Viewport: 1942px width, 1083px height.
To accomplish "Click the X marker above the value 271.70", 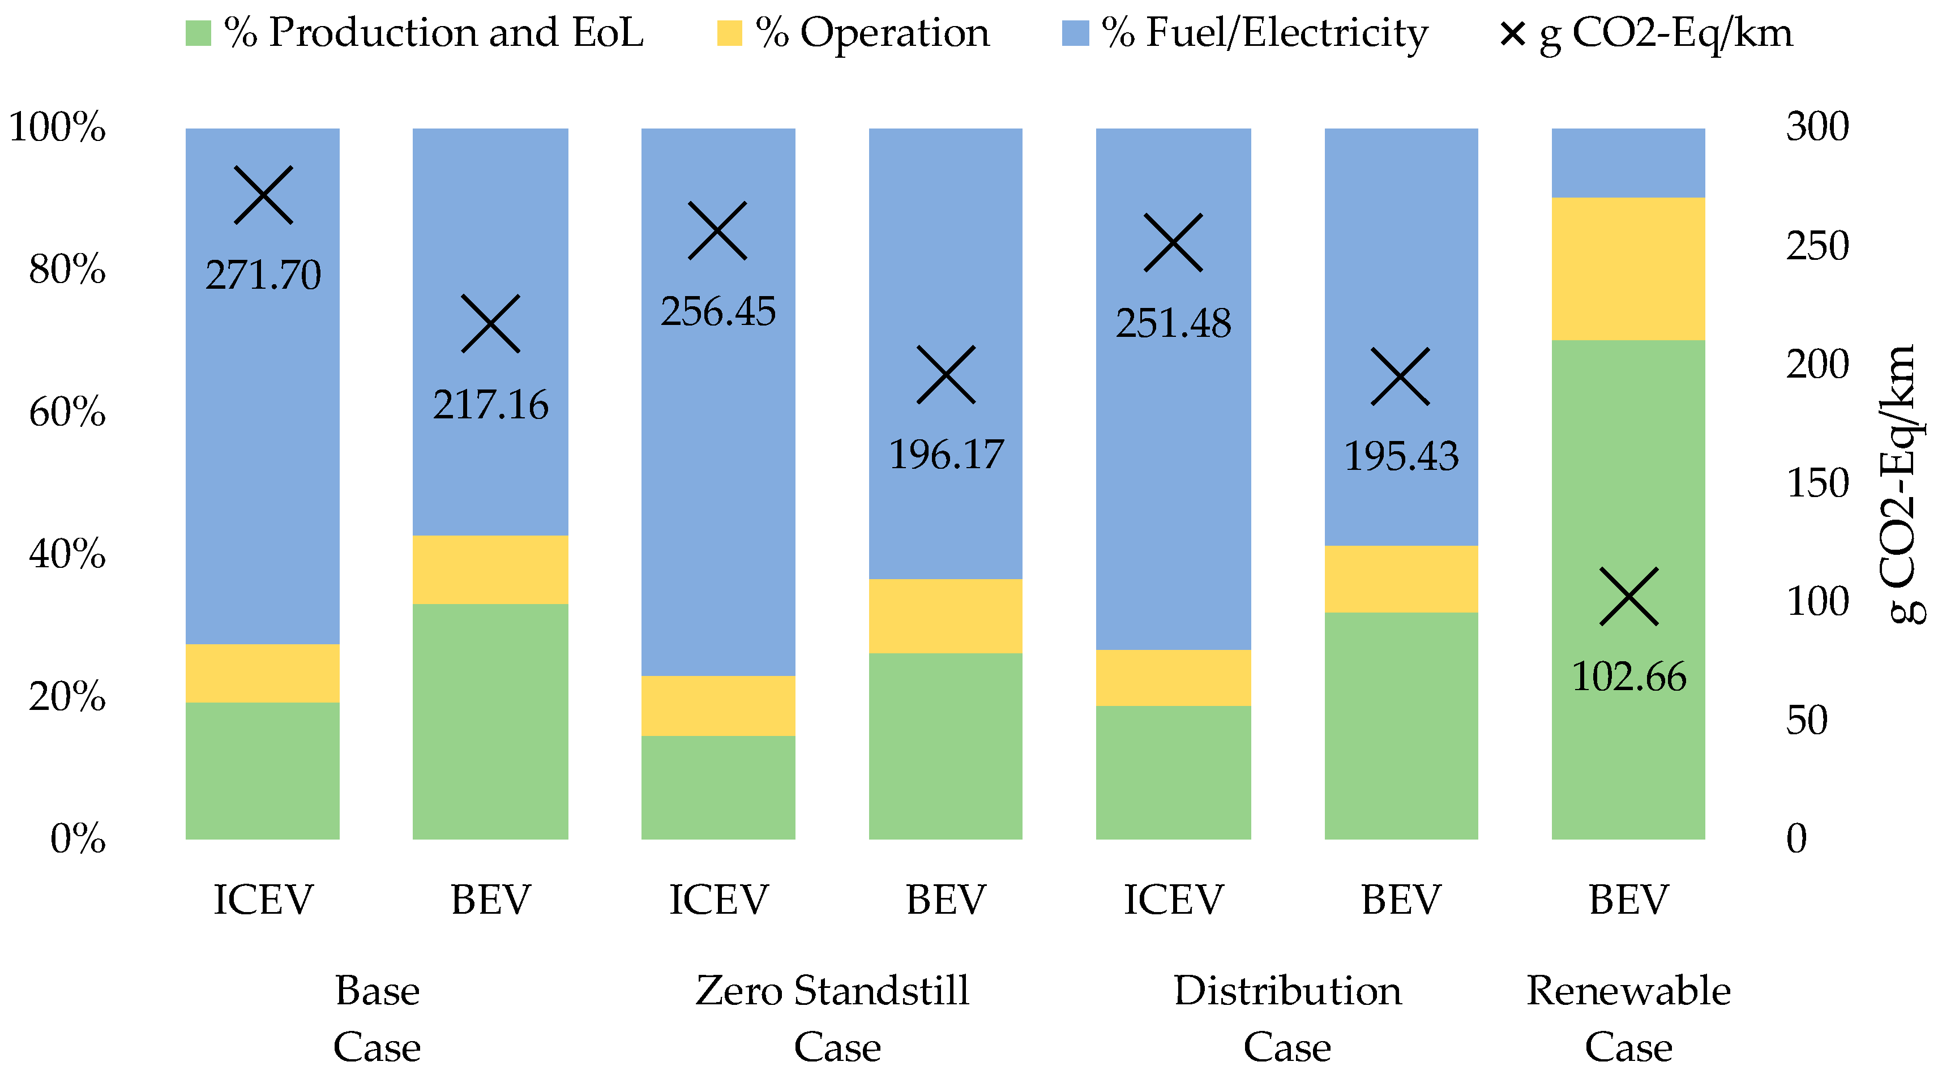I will [263, 195].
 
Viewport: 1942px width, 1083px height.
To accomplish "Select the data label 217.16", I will [490, 405].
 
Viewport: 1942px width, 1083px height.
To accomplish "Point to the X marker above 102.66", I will [1628, 596].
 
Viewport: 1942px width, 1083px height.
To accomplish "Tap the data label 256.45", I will [718, 311].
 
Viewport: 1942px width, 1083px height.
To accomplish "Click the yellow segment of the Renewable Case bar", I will [1628, 268].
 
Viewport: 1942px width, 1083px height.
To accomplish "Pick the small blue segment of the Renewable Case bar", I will [1628, 163].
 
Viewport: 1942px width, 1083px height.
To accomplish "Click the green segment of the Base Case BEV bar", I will [490, 721].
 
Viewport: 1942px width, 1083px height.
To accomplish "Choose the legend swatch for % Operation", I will [729, 33].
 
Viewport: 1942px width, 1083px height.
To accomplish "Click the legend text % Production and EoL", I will [434, 33].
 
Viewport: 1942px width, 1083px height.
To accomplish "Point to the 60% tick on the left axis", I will [67, 412].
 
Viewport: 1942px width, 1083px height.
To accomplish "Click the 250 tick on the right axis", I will [1817, 246].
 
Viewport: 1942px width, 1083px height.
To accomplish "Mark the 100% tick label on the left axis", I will [57, 127].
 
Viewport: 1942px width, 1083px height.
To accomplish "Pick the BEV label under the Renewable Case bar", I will [1628, 900].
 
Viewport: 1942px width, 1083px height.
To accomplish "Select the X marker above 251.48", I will [1173, 243].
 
